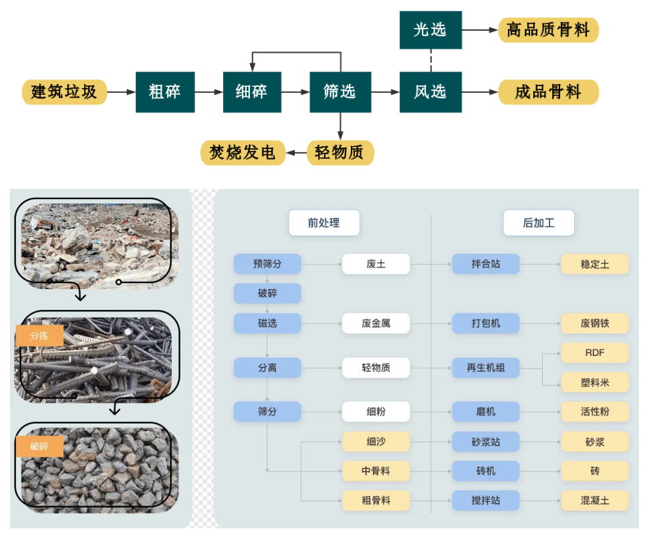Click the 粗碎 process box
(165, 92)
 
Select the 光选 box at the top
(430, 30)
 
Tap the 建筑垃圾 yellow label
(64, 92)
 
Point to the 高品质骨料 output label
(548, 30)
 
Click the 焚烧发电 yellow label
(243, 153)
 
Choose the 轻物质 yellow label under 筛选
(340, 153)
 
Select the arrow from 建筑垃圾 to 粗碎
(121, 92)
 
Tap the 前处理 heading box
(323, 223)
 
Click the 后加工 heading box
(538, 223)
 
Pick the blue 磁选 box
(267, 324)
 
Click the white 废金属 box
(376, 324)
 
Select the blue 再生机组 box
(486, 367)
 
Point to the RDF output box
(594, 352)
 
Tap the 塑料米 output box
(594, 383)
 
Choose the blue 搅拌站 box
(486, 500)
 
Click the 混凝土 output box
(594, 500)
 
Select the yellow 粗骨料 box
(376, 500)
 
